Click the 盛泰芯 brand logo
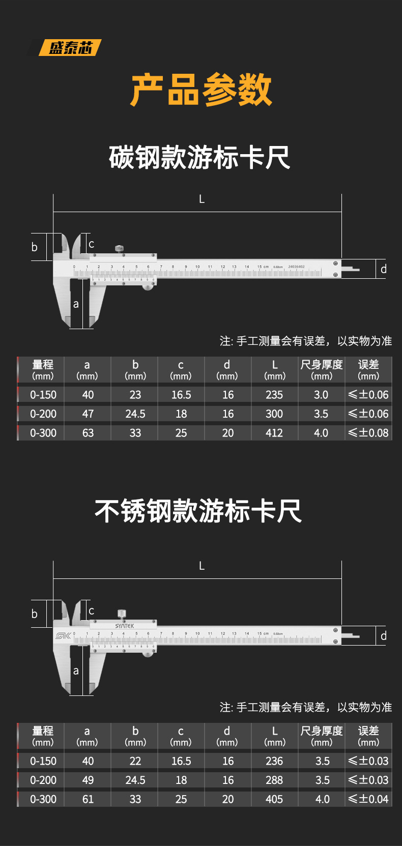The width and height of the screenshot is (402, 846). point(70,48)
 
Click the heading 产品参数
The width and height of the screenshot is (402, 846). point(201,90)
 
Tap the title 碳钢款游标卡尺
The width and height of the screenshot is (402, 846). point(199,157)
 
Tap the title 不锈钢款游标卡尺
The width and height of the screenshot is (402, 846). point(198,511)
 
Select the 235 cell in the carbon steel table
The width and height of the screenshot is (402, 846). point(274,395)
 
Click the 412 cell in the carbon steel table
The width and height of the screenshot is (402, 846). point(274,433)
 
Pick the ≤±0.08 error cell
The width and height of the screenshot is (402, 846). point(368,433)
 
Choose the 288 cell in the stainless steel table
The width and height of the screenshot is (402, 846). point(274,780)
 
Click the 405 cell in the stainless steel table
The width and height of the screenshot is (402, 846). point(274,799)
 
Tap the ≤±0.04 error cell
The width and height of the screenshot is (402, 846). point(368,799)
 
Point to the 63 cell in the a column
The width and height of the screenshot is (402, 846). point(88,433)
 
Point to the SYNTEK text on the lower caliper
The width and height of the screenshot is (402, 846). point(125,626)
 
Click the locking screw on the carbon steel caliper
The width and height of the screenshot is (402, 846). point(119,249)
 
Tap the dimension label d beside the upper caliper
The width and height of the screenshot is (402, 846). point(384,269)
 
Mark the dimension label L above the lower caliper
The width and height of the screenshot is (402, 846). point(202,566)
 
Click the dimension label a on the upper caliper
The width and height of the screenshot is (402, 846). point(76,304)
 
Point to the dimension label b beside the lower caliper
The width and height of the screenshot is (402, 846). point(35,614)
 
